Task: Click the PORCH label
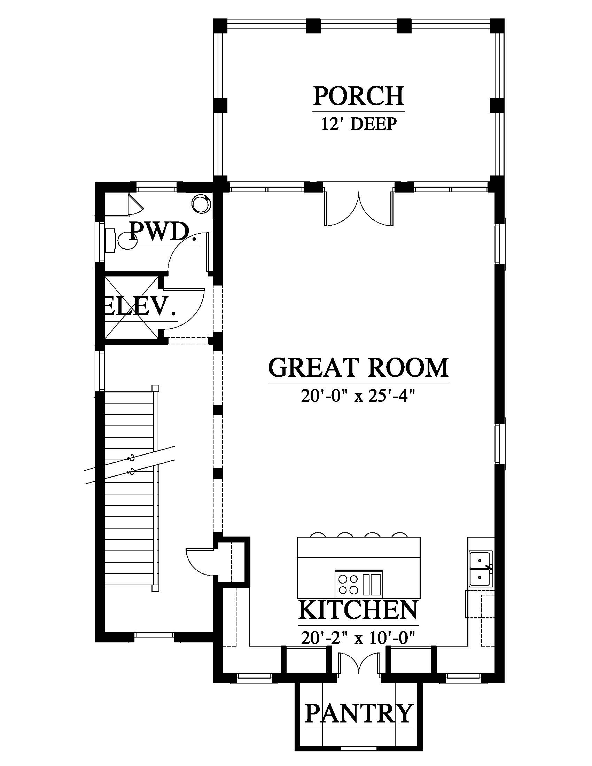point(358,96)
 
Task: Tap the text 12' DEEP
point(359,124)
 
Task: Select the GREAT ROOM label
point(358,367)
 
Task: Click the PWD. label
point(159,232)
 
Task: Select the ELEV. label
point(139,306)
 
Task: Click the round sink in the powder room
point(201,203)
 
